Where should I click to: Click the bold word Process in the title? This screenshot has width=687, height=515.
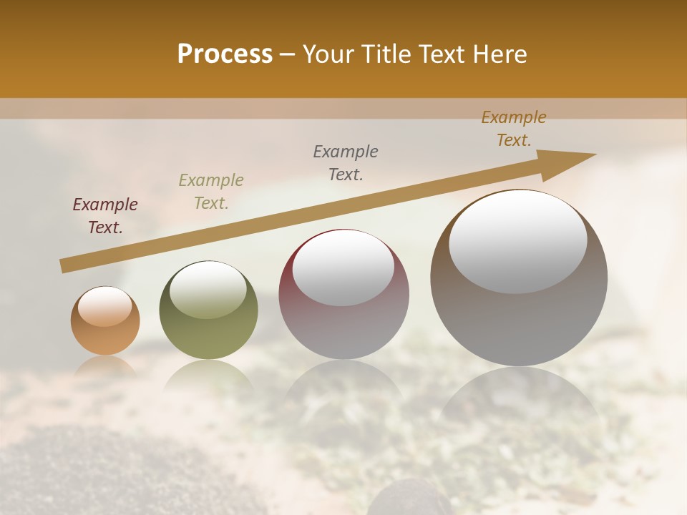(225, 54)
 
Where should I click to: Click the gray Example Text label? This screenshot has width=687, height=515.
(346, 163)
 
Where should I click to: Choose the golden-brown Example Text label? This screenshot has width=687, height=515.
(514, 129)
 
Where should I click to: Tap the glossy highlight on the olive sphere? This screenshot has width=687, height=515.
(208, 290)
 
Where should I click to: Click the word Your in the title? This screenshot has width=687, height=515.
(331, 54)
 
